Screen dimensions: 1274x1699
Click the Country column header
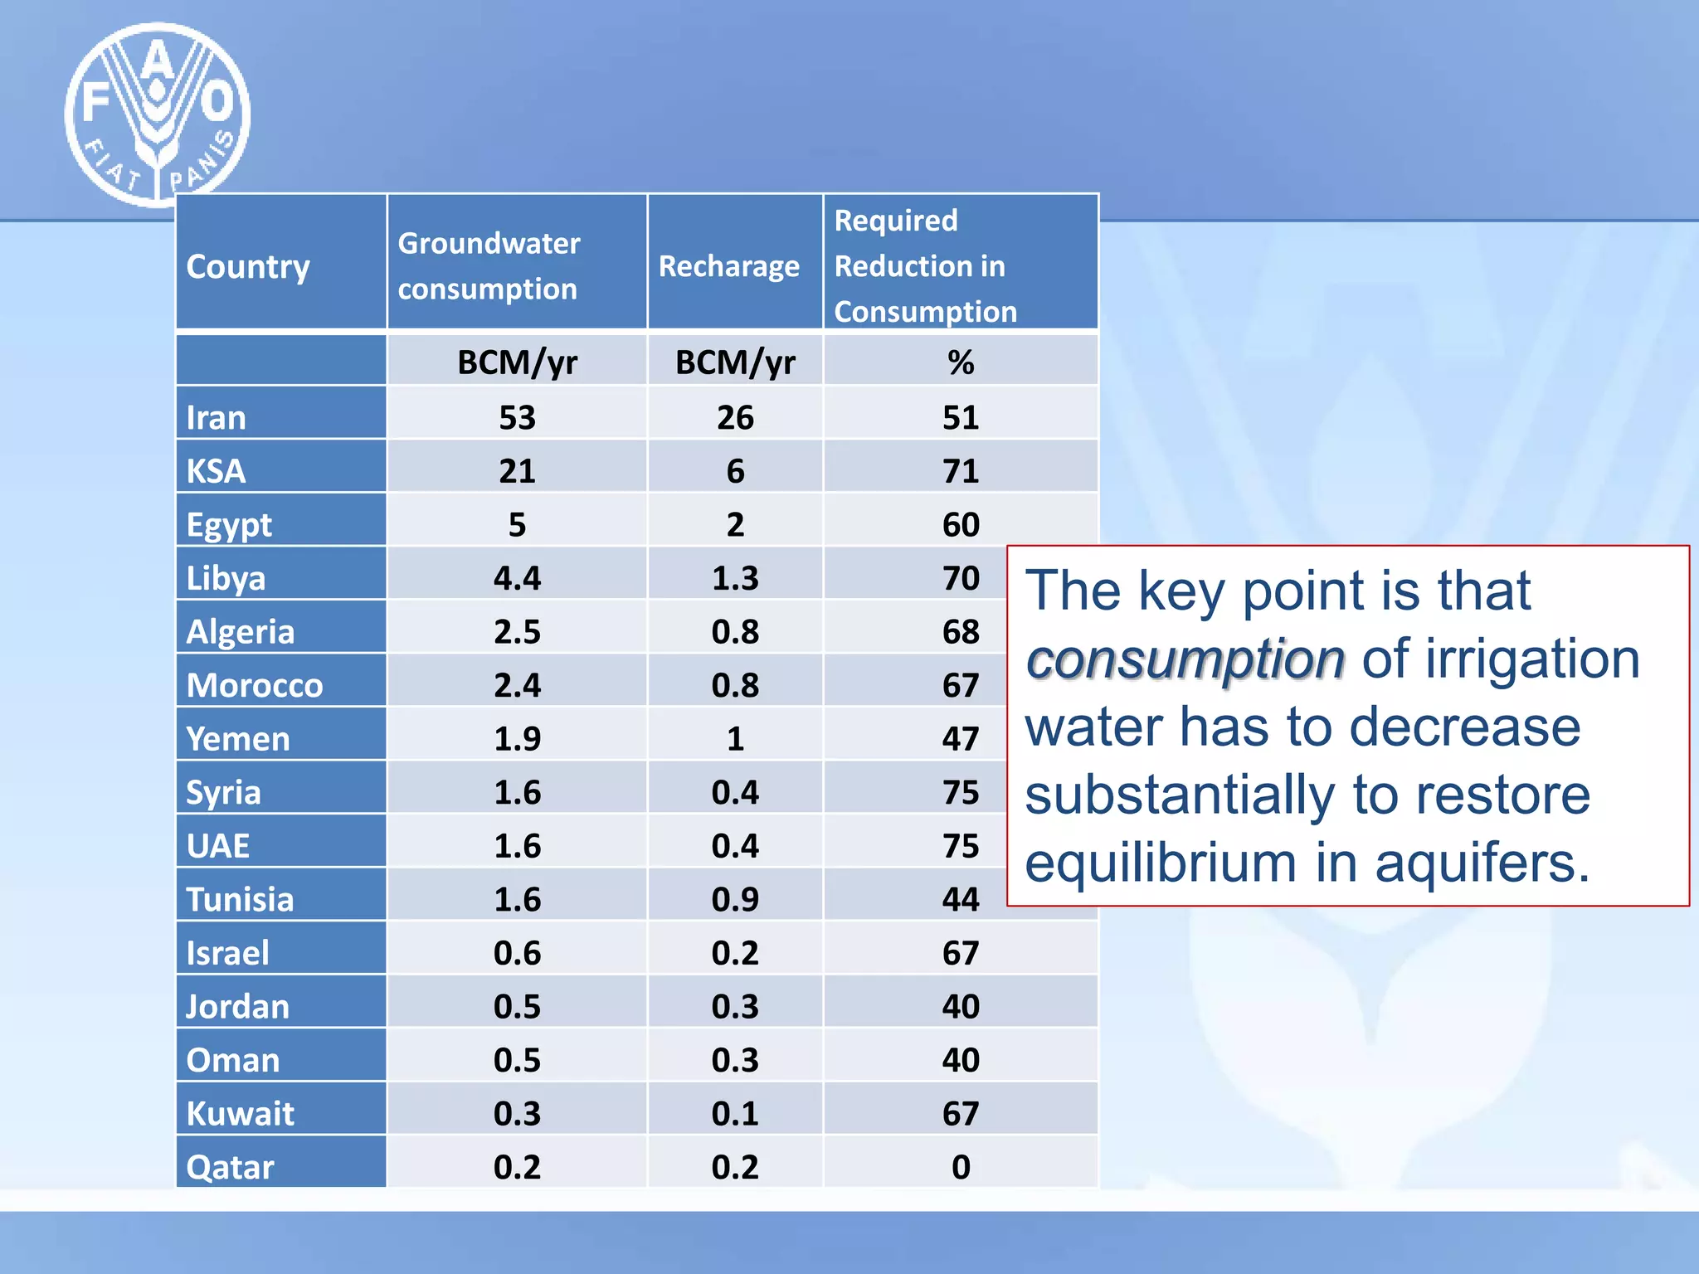click(x=248, y=267)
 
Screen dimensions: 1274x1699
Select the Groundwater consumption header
click(x=489, y=265)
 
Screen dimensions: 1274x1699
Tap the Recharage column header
click(x=728, y=266)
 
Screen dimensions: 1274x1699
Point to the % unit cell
click(x=961, y=362)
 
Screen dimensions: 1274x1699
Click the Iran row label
click(x=217, y=417)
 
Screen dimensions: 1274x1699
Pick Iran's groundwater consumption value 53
click(x=517, y=417)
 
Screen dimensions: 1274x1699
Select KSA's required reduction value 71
click(x=961, y=471)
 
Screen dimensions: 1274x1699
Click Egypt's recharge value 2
click(x=735, y=524)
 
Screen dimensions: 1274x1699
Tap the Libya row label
click(x=226, y=578)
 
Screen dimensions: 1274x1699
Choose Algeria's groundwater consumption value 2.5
click(x=517, y=632)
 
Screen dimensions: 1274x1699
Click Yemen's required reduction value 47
click(x=961, y=738)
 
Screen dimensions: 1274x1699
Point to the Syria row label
click(x=223, y=792)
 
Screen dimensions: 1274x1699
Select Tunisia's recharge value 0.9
click(x=735, y=899)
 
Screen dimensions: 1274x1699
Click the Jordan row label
click(x=237, y=1006)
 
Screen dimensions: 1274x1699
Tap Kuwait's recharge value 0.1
click(x=735, y=1113)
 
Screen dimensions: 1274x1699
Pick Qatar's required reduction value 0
click(x=961, y=1167)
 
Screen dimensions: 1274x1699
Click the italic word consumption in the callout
click(x=1185, y=659)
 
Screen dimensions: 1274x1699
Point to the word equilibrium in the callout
click(x=1161, y=863)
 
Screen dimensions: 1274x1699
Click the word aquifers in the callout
click(x=1482, y=863)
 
